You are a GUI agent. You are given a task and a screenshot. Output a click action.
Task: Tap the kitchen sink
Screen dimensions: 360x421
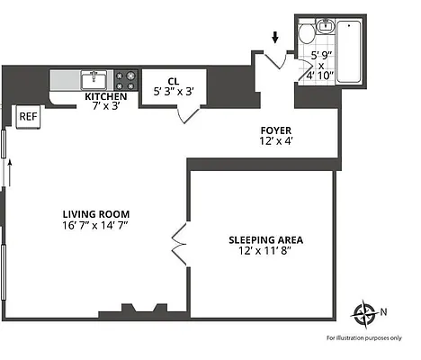point(94,78)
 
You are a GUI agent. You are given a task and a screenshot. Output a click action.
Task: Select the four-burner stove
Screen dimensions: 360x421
point(127,78)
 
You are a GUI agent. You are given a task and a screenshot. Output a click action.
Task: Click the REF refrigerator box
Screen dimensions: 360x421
point(28,115)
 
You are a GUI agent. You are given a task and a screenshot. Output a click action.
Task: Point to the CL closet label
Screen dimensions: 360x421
point(173,80)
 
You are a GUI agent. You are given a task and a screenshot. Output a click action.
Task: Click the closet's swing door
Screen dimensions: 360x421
point(188,114)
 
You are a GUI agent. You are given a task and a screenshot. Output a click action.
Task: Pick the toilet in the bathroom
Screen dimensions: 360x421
point(307,35)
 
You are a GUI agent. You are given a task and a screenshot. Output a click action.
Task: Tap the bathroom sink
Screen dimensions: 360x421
point(324,26)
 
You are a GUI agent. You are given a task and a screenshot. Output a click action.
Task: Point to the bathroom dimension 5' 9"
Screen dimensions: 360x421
point(320,56)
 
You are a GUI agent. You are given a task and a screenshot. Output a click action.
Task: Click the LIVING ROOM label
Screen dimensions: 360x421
point(96,213)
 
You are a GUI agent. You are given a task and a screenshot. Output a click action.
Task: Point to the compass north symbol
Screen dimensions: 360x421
point(366,314)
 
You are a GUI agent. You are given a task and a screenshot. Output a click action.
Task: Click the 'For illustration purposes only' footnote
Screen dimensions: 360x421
point(363,337)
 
